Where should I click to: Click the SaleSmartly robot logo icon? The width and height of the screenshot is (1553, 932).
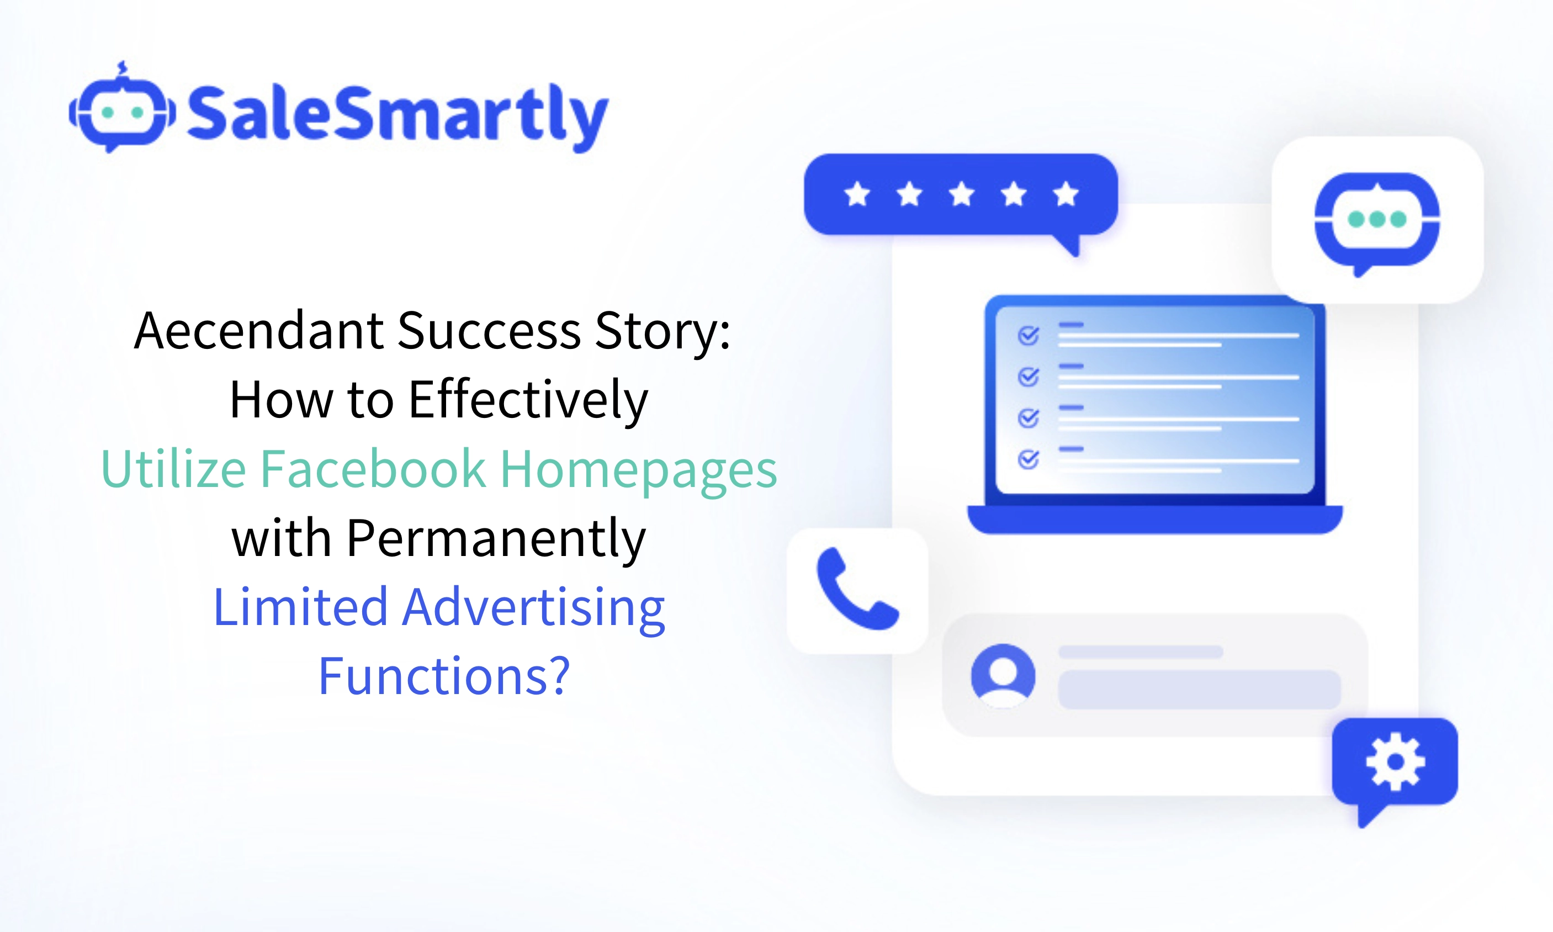pyautogui.click(x=122, y=110)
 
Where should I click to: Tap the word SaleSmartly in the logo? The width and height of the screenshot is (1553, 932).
pyautogui.click(x=397, y=115)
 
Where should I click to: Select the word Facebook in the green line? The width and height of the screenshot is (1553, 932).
pyautogui.click(x=373, y=469)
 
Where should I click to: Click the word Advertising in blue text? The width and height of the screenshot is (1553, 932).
pyautogui.click(x=533, y=608)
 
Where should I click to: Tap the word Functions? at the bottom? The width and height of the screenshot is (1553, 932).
pyautogui.click(x=444, y=677)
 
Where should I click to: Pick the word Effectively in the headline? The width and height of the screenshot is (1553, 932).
pyautogui.click(x=528, y=400)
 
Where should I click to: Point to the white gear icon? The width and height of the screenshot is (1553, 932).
pyautogui.click(x=1395, y=761)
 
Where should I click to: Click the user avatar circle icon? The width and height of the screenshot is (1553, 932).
pyautogui.click(x=1003, y=675)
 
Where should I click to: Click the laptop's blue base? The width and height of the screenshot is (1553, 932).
pyautogui.click(x=1154, y=519)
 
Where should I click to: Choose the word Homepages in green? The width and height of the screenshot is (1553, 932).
pyautogui.click(x=638, y=469)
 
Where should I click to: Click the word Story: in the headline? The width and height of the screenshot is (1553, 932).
pyautogui.click(x=662, y=330)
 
